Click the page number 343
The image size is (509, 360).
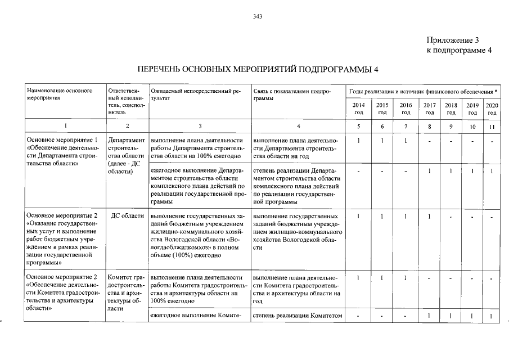point(258,16)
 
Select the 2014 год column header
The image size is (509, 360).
point(358,109)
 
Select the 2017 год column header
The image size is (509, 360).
point(429,109)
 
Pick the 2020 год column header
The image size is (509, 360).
point(492,109)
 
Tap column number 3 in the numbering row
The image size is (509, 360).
point(200,127)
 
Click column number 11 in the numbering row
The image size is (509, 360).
point(492,127)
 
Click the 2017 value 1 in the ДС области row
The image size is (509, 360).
point(429,216)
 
